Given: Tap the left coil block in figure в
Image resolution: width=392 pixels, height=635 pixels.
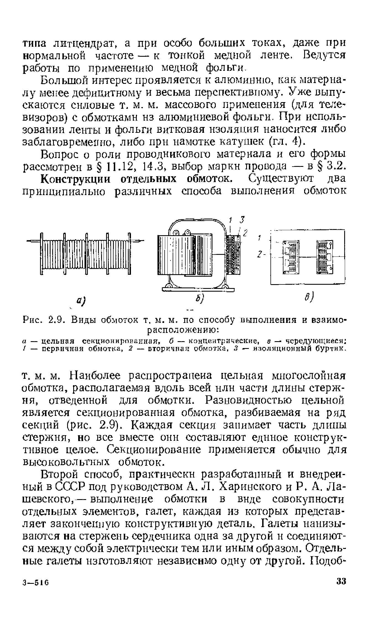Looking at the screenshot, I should pos(291,256).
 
